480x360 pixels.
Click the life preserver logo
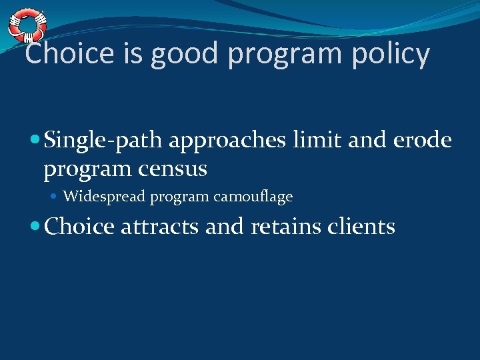click(27, 25)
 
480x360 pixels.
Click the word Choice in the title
click(69, 54)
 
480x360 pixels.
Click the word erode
click(427, 140)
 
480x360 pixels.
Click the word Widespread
click(105, 197)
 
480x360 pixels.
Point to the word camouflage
click(253, 197)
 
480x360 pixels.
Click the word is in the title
click(132, 54)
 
